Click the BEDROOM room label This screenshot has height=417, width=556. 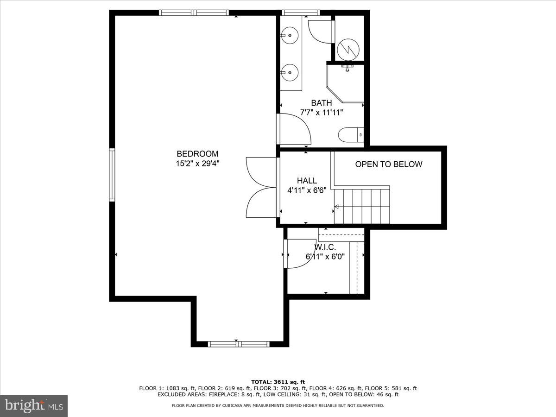coord(197,154)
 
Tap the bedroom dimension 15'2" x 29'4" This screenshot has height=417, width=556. coord(197,163)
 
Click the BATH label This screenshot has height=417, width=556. coord(321,103)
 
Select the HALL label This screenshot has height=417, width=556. coord(307,181)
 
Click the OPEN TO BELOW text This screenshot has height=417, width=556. coord(388,164)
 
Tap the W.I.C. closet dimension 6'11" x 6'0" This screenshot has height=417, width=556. coord(325,256)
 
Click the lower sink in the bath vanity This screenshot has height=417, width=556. coord(289,72)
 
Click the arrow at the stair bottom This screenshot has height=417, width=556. coord(336,208)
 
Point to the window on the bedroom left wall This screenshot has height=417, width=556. coord(112,175)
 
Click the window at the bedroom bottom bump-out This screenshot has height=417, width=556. coord(238,344)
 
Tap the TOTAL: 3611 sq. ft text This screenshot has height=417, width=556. coord(278,381)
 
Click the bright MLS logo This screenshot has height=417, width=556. coord(33,406)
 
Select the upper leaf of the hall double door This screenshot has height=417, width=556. coord(260,171)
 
